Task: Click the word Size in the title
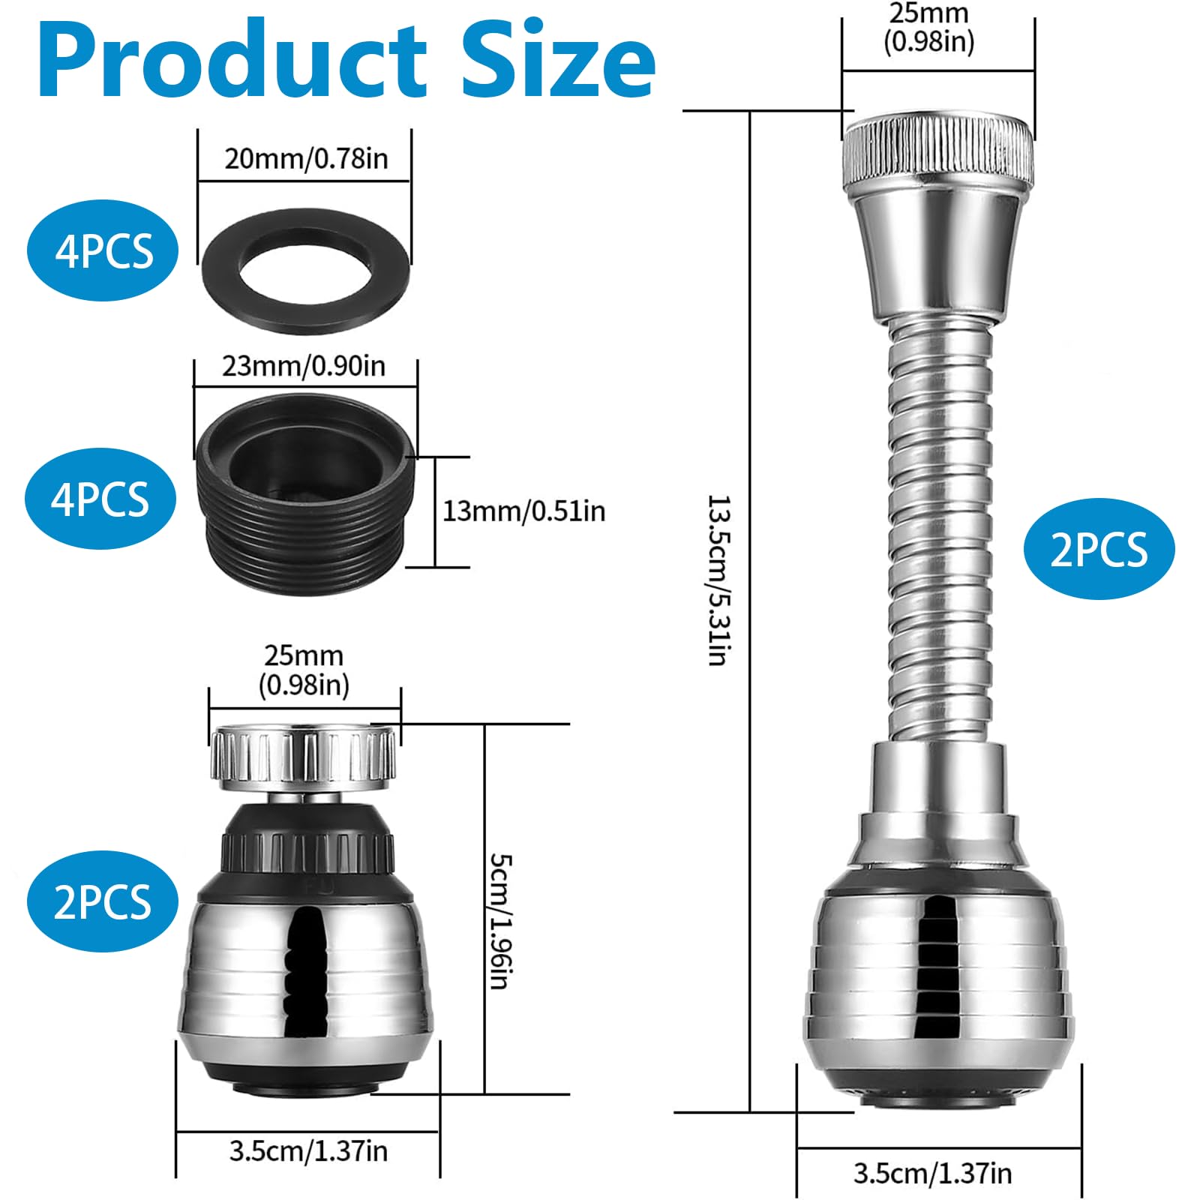pyautogui.click(x=559, y=60)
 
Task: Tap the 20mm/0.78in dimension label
pyautogui.click(x=306, y=159)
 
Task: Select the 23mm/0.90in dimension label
pyautogui.click(x=304, y=366)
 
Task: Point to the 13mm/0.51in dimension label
pyautogui.click(x=523, y=511)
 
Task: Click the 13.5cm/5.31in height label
pyautogui.click(x=718, y=580)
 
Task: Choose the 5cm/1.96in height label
pyautogui.click(x=500, y=920)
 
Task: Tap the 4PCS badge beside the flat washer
pyautogui.click(x=103, y=250)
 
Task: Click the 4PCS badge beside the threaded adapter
pyautogui.click(x=100, y=499)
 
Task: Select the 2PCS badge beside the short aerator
pyautogui.click(x=103, y=901)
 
